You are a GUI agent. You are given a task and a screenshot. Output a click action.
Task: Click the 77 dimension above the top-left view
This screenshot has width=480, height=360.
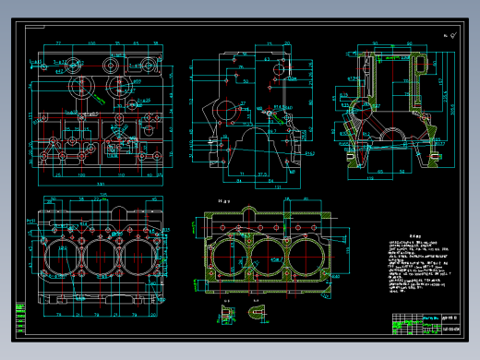(57, 43)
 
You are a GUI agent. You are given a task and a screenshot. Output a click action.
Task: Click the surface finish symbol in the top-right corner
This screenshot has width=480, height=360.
(451, 35)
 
